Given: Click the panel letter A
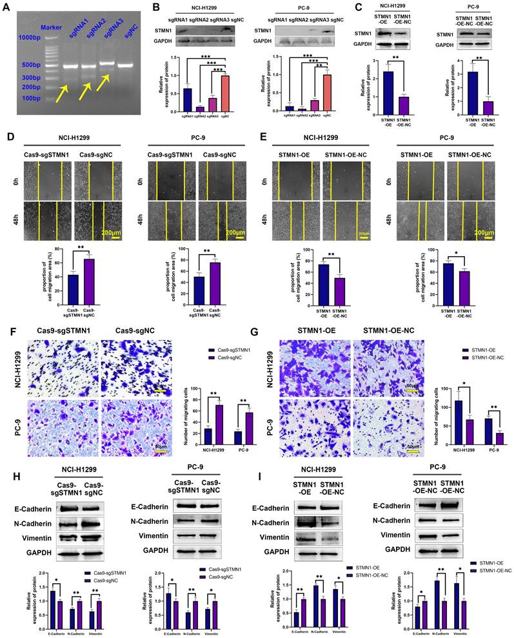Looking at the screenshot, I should click(8, 8).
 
